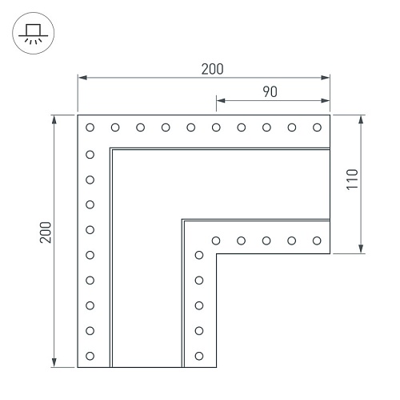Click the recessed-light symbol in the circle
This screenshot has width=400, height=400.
tap(33, 34)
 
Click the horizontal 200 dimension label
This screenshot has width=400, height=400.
tap(212, 69)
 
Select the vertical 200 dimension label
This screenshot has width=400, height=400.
tap(46, 232)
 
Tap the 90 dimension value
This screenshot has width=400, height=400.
tap(270, 91)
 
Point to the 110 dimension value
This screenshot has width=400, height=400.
tap(352, 180)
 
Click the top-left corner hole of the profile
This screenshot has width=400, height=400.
tap(90, 127)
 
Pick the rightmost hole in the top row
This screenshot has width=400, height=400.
tap(317, 127)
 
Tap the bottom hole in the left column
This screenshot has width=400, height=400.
tap(90, 356)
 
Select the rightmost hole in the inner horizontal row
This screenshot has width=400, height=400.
tap(317, 240)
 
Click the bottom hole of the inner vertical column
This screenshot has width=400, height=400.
tap(199, 356)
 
